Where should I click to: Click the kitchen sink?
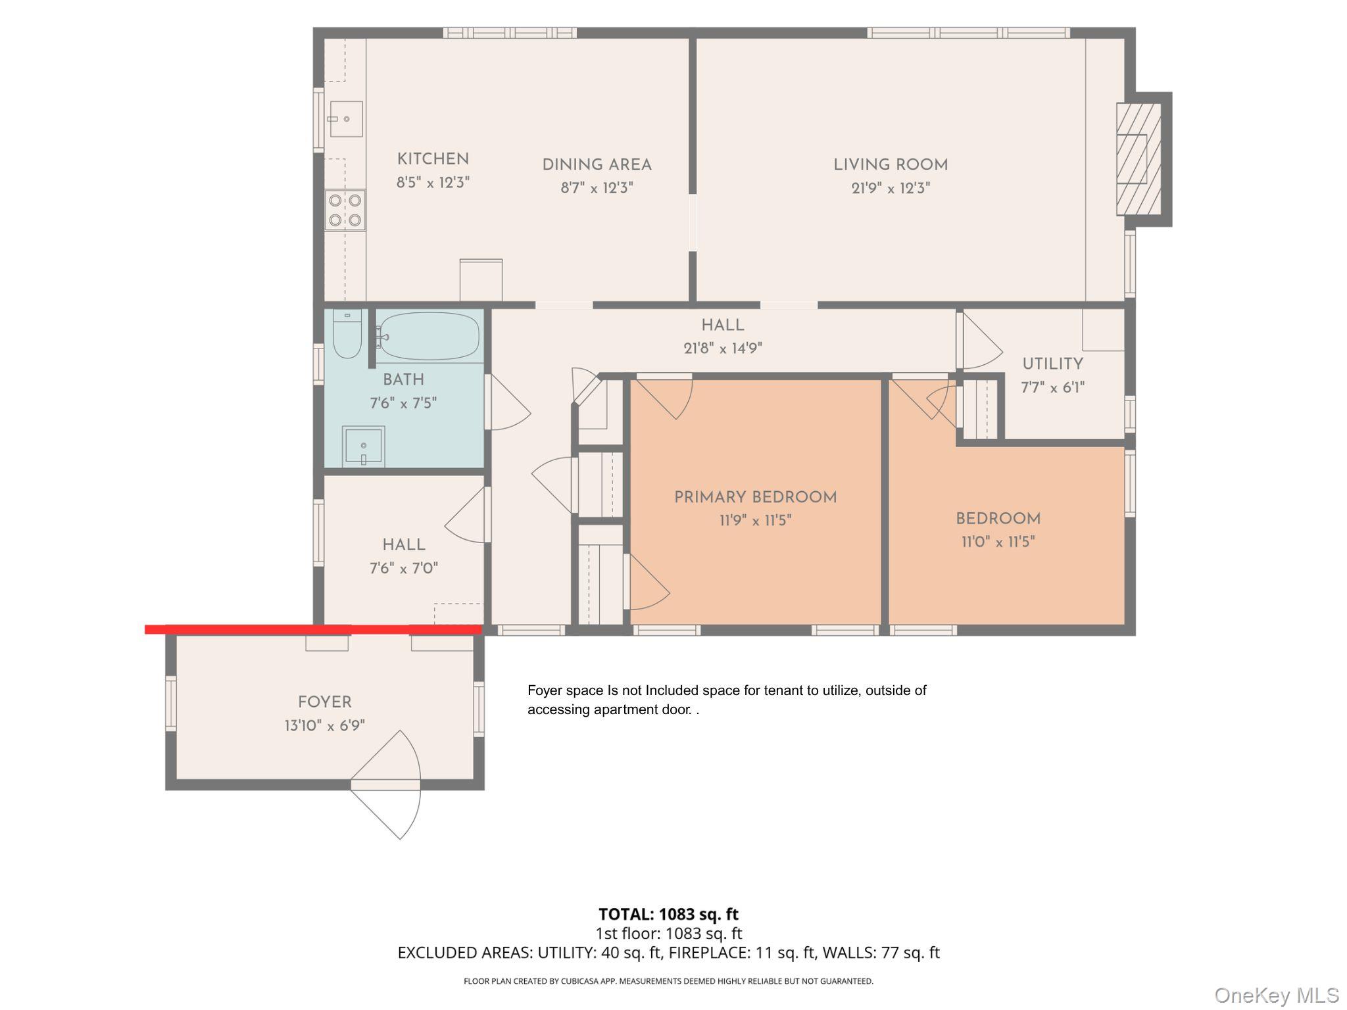click(346, 119)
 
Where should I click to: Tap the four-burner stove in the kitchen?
click(345, 210)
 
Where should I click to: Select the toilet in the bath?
click(347, 334)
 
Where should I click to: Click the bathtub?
click(428, 335)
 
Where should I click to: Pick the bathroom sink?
click(363, 446)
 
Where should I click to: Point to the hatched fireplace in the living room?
click(1139, 159)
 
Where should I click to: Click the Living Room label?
click(891, 165)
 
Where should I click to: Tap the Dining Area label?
click(597, 165)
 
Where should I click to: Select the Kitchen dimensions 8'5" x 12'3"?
click(433, 182)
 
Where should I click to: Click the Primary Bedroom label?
click(755, 497)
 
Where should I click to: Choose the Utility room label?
click(1052, 364)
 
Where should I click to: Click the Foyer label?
click(324, 702)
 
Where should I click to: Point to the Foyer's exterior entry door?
click(385, 784)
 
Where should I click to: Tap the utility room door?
click(979, 341)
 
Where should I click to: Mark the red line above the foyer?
click(313, 629)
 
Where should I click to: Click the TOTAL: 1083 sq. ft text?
click(668, 914)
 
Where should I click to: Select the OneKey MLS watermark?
click(1277, 995)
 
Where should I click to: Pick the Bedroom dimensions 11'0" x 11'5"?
click(998, 542)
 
